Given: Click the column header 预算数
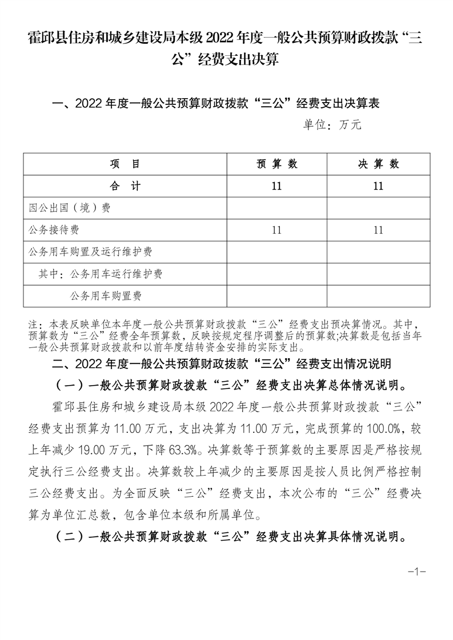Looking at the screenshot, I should click(x=277, y=164).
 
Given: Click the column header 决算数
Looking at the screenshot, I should click(x=378, y=164).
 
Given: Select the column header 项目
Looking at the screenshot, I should click(x=125, y=164).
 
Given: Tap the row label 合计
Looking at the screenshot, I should click(x=125, y=186).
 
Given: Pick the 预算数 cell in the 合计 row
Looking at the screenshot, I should click(x=277, y=186).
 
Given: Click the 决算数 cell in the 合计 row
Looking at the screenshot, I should click(x=378, y=186).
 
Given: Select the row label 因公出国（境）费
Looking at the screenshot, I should click(x=70, y=208).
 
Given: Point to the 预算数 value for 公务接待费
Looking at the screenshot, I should click(x=277, y=230).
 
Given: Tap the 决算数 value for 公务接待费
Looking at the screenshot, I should click(x=378, y=230).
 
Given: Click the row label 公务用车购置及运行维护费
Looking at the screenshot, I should click(x=90, y=252).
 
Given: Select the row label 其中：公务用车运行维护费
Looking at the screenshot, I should click(x=101, y=274).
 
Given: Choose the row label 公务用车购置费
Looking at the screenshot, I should click(x=106, y=296).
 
